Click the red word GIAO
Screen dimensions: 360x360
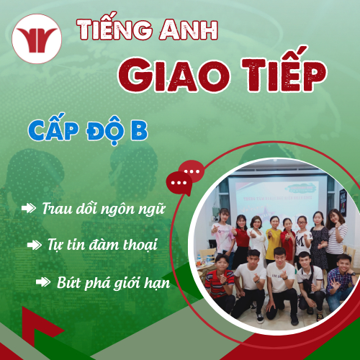166,74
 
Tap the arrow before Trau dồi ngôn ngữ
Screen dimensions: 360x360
30,209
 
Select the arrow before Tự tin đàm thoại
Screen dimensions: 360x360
34,245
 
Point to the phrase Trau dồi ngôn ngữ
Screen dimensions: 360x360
104,210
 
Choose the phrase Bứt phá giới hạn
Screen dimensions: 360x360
113,282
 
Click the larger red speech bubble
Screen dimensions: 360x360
192,171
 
